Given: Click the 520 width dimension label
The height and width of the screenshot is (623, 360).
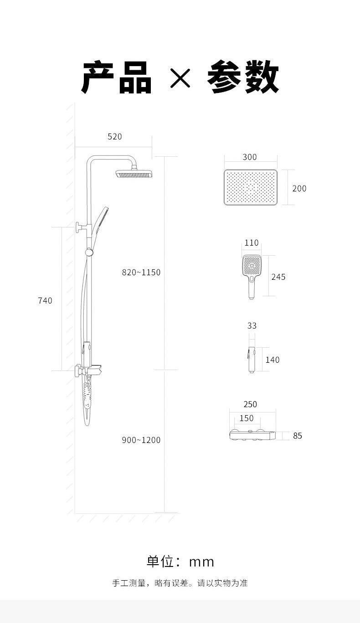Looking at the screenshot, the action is pos(114,137).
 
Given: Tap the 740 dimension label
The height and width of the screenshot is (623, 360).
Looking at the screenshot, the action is pos(45,301).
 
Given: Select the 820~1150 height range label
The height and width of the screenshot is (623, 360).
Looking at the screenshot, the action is pos(141,272).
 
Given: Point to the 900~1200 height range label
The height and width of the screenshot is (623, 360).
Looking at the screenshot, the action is pos(141,440).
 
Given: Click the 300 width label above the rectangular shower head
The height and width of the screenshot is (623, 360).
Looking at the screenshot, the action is pos(250,157).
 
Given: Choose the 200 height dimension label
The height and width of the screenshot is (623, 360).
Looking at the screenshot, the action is pos(299,189).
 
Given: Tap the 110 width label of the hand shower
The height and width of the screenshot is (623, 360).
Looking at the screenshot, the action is pos(251,243).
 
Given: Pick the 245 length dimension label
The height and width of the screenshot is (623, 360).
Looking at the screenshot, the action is pos(278,277).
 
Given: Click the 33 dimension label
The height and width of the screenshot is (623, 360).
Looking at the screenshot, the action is pos(252,326).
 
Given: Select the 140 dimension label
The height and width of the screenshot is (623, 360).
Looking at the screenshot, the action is pos(273,360).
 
